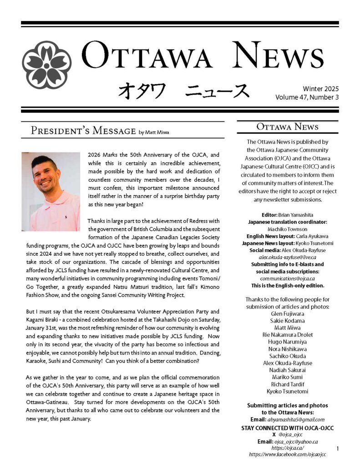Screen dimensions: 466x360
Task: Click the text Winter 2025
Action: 320,89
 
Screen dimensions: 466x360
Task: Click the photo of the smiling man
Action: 51,191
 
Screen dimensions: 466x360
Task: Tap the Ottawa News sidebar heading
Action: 287,127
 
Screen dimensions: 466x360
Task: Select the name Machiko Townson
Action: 287,229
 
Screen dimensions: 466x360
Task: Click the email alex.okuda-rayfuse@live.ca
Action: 287,257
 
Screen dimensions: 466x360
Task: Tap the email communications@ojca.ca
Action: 287,278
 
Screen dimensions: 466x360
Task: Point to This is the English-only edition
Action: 287,285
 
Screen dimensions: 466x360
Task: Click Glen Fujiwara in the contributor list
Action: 287,314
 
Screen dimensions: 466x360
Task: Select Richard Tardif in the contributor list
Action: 287,385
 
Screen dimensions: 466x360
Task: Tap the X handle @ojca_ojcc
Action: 291,435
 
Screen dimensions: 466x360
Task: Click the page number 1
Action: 338,449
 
